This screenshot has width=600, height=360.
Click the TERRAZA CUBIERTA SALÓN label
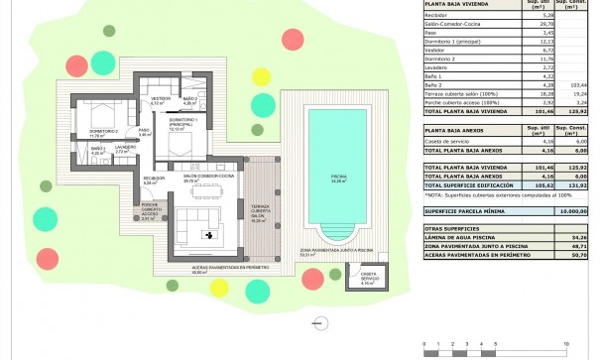click(260, 203)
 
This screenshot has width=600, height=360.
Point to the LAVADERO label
click(125, 149)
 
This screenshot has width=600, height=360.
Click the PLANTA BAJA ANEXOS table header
click(460, 130)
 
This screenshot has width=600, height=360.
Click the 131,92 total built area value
click(576, 184)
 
